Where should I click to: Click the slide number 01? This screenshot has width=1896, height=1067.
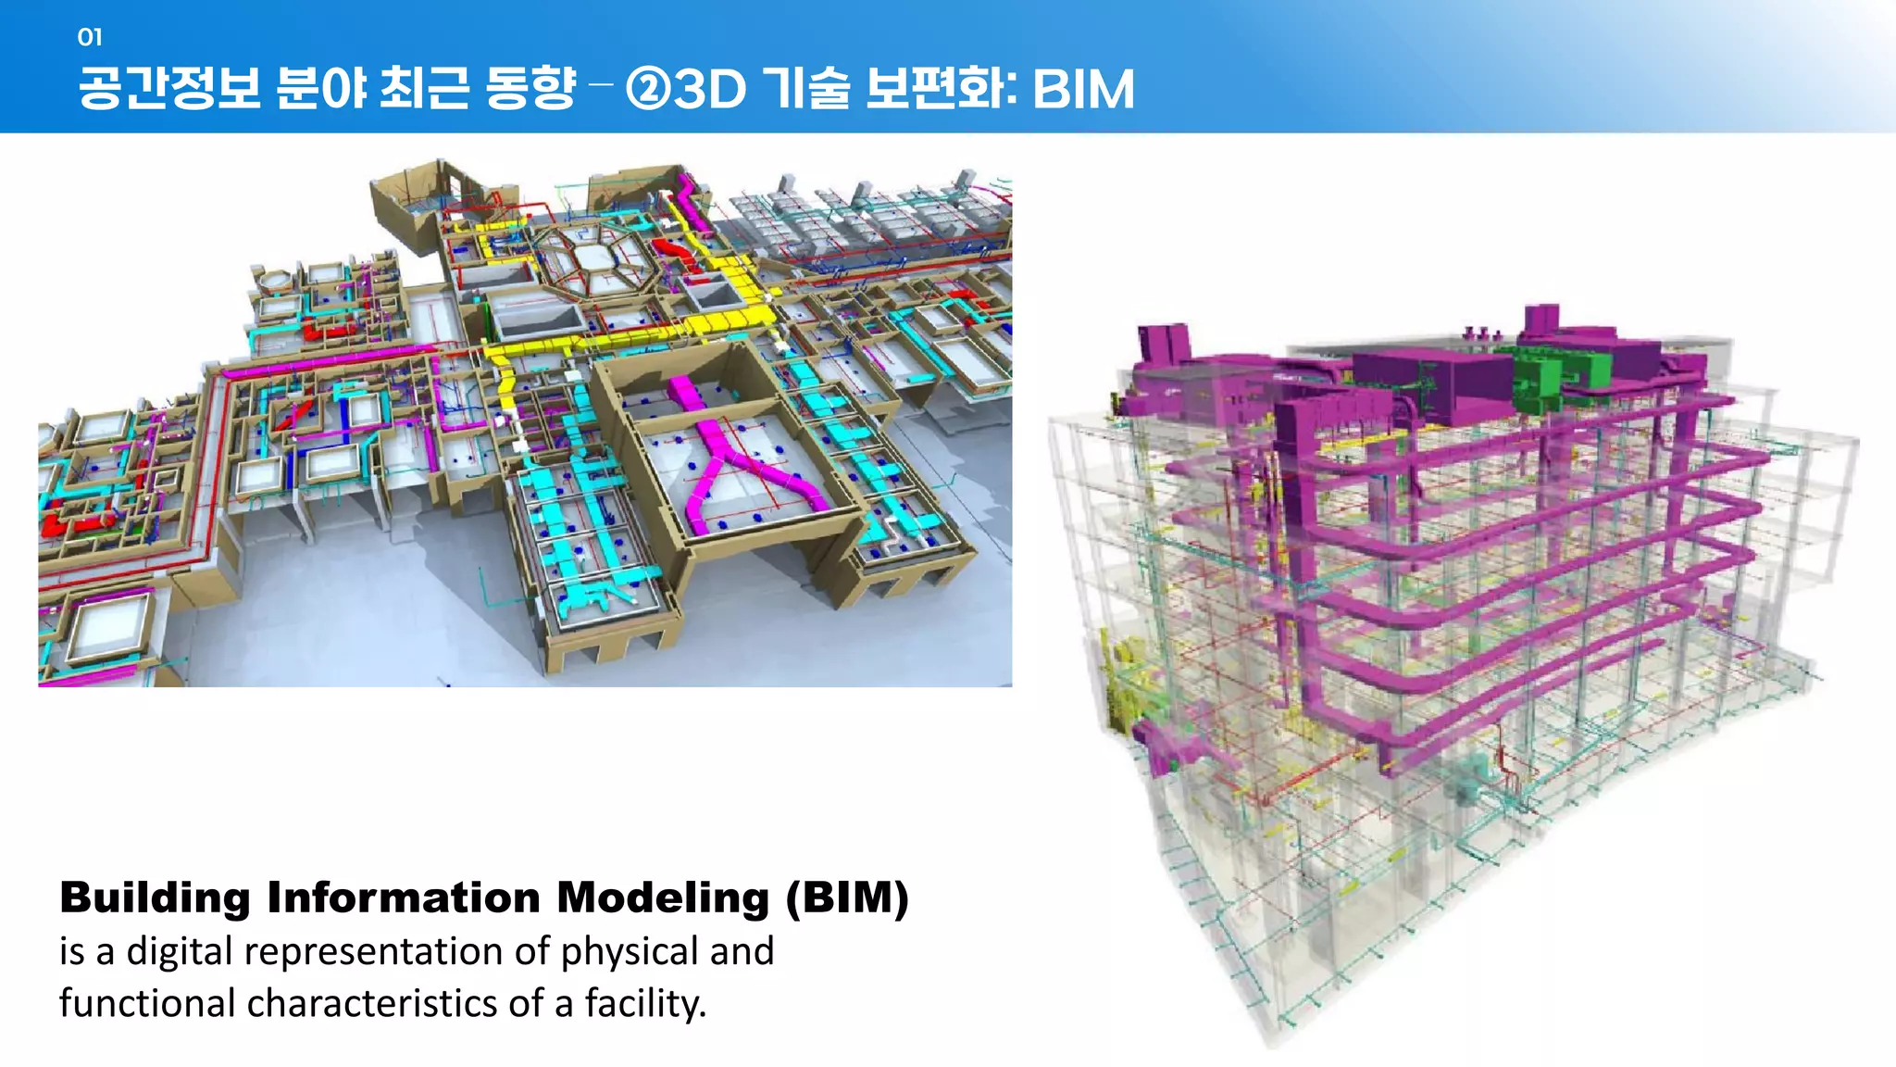tap(90, 37)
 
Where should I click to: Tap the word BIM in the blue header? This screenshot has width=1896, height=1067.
tap(1082, 90)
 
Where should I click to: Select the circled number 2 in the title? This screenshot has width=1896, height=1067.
tap(648, 90)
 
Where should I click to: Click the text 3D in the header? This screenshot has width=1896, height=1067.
tap(710, 90)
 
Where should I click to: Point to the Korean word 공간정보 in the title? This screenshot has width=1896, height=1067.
tap(169, 90)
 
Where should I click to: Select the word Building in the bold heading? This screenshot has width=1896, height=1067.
tap(155, 898)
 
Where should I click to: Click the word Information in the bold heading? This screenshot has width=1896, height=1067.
tap(404, 898)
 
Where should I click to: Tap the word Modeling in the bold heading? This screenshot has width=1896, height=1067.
tap(663, 898)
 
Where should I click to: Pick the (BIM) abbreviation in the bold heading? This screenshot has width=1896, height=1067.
tap(847, 898)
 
